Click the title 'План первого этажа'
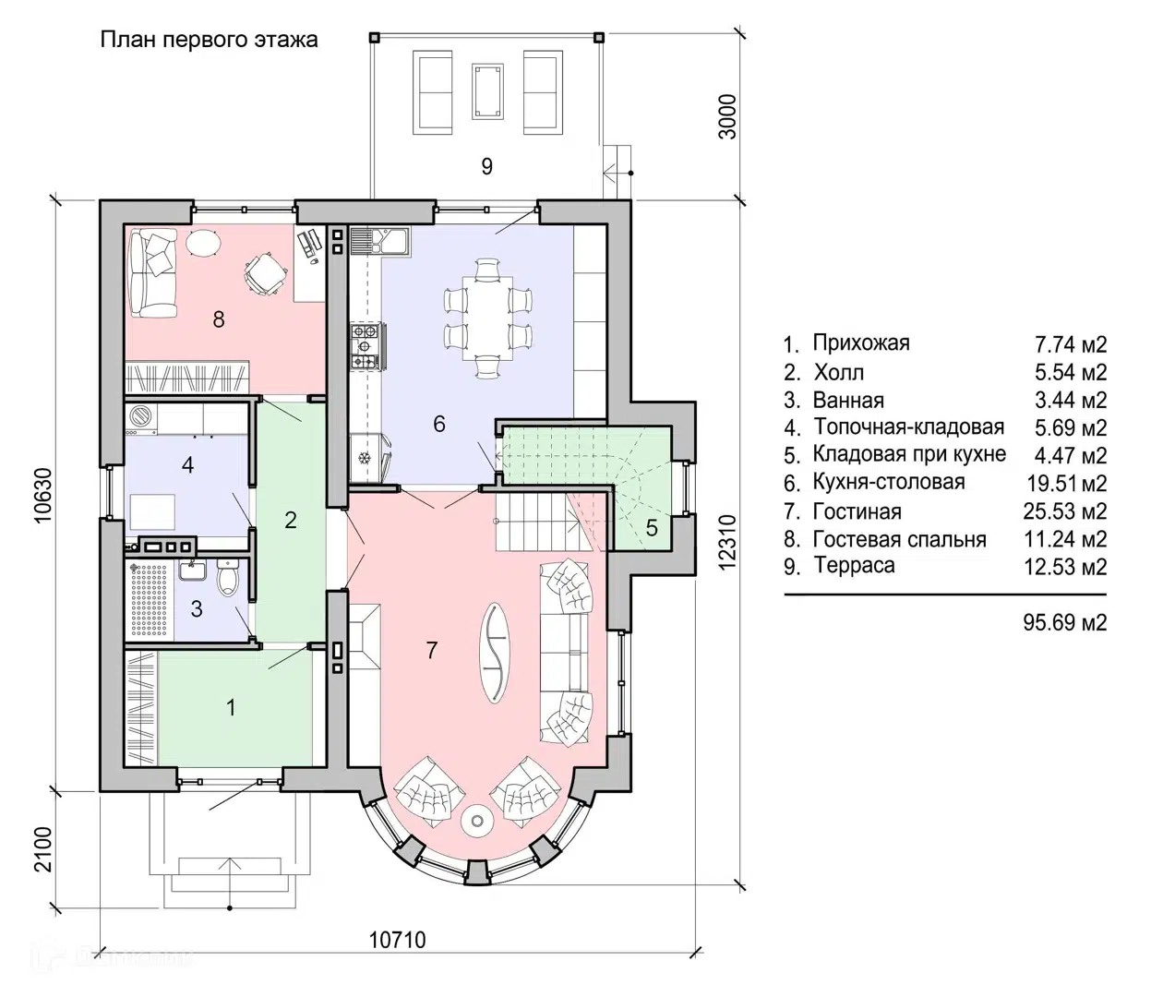tap(209, 41)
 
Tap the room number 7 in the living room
tap(432, 650)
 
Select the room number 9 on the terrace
tap(486, 166)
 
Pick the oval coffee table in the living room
tap(494, 653)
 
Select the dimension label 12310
tap(727, 543)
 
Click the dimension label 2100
tap(42, 849)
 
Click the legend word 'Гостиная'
tap(857, 511)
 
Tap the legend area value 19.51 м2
tap(1066, 484)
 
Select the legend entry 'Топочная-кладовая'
tap(909, 427)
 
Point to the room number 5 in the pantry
tap(652, 527)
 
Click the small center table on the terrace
tap(487, 91)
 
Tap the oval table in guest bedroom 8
tap(203, 243)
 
